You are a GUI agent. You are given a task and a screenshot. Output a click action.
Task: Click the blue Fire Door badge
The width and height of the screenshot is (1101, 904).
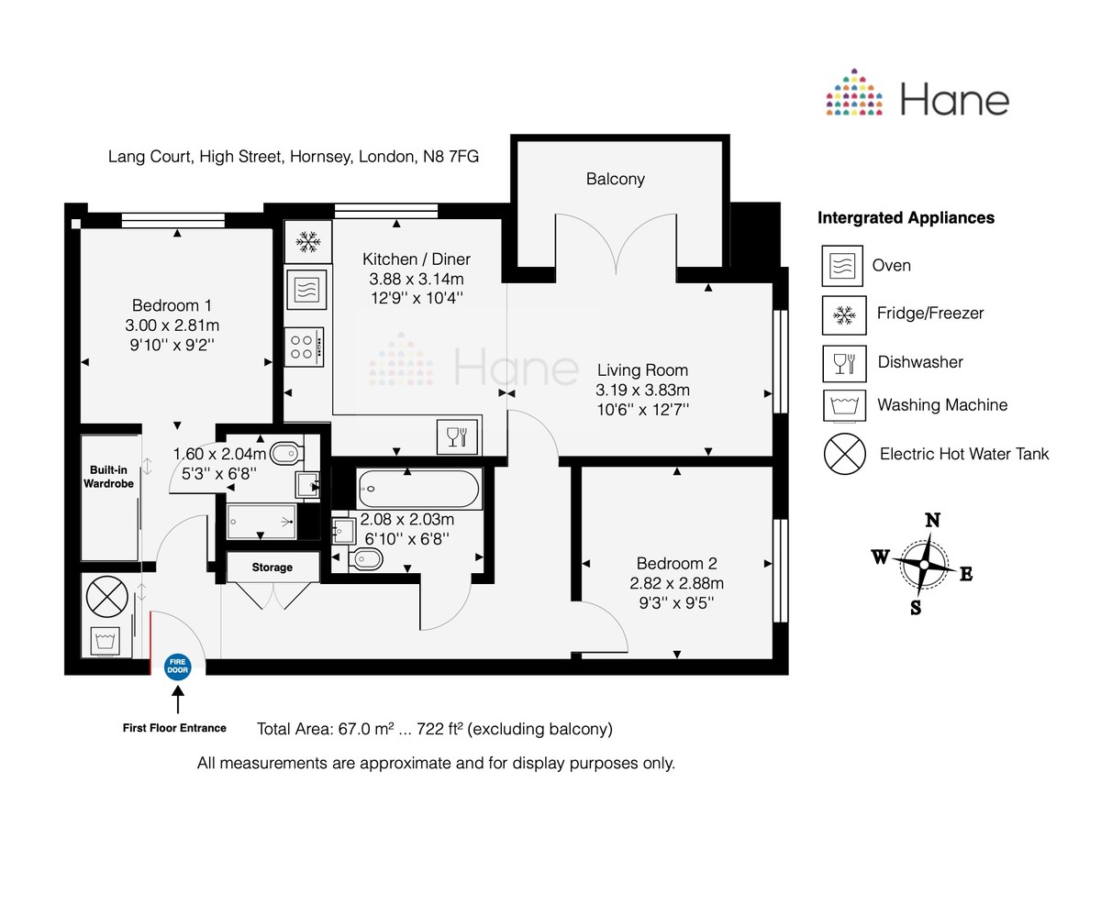[177, 667]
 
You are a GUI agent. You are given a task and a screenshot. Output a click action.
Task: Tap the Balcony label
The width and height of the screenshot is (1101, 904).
[615, 179]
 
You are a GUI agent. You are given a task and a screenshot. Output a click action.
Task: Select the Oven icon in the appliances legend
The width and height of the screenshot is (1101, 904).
[842, 266]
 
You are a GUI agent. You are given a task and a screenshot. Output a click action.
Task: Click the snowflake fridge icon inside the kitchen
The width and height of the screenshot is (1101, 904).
[307, 242]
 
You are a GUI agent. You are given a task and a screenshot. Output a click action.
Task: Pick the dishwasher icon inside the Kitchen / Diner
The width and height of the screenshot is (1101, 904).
[457, 436]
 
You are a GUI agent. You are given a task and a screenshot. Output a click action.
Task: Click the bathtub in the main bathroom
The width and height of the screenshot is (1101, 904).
[419, 490]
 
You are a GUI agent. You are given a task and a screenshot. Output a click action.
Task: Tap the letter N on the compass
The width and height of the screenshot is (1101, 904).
[932, 521]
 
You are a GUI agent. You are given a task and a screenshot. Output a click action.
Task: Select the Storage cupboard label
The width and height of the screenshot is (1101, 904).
[272, 568]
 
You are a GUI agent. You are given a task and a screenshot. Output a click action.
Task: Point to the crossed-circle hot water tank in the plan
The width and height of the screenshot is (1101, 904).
[107, 598]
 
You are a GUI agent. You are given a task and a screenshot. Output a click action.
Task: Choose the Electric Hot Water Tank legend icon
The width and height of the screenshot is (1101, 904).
[844, 453]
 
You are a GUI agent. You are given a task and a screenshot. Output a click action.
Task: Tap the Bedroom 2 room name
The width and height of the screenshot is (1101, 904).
[676, 564]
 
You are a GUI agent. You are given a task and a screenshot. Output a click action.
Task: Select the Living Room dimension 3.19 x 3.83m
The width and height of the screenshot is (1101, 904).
[642, 390]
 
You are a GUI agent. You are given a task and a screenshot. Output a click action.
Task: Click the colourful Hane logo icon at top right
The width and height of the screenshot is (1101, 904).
[854, 94]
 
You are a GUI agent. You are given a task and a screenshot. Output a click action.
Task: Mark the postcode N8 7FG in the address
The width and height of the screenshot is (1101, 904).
[450, 157]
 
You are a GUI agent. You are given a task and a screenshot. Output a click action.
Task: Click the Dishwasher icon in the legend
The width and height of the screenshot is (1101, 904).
[842, 362]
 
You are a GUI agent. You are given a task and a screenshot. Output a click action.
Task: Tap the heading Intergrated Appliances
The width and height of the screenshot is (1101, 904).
[906, 218]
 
